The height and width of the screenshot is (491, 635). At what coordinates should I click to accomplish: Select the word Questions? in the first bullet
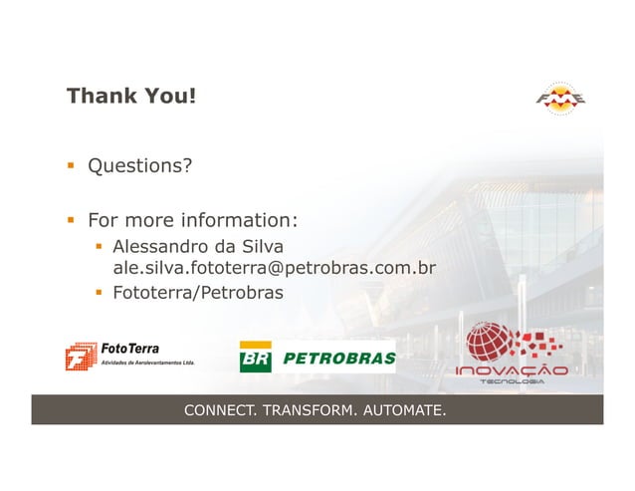click(140, 165)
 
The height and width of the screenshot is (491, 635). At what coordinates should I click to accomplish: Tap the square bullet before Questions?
click(72, 166)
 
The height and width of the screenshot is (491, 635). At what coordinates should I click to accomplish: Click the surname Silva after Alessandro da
click(262, 246)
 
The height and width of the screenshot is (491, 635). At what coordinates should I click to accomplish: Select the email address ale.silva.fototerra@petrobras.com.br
click(275, 268)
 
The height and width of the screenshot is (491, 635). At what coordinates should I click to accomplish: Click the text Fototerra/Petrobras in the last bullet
click(198, 293)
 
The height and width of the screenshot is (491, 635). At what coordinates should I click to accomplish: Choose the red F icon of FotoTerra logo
click(79, 358)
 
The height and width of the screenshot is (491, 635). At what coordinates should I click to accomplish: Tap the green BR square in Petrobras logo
click(255, 358)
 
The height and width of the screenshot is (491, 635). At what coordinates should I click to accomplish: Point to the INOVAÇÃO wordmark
click(512, 372)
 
